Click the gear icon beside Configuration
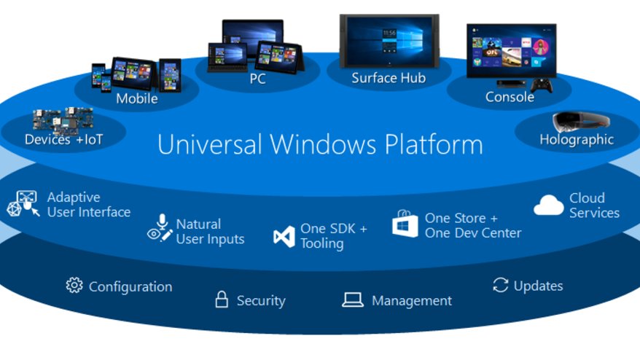[74, 286]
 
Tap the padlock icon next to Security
[222, 300]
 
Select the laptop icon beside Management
[353, 300]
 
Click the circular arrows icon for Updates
[500, 285]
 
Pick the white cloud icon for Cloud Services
[549, 205]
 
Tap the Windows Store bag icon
[405, 224]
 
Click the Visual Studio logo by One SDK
[284, 236]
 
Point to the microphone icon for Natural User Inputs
[162, 222]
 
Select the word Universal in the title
[209, 144]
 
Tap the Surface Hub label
[389, 78]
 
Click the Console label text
[510, 97]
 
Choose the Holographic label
[577, 140]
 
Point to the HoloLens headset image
[581, 122]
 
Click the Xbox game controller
[542, 86]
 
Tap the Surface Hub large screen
[389, 42]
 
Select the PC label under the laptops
[257, 79]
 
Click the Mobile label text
[137, 98]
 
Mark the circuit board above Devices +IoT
[63, 121]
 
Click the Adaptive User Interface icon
[23, 203]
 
